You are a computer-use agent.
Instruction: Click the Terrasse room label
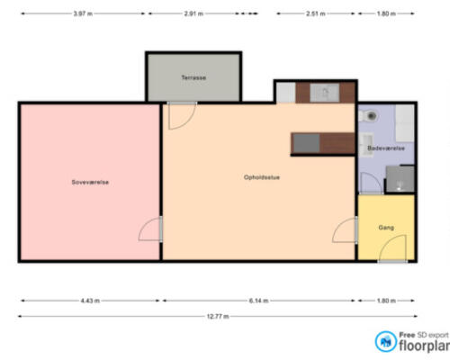point(193,77)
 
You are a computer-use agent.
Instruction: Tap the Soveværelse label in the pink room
point(90,182)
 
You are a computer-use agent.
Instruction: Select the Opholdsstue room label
point(262,177)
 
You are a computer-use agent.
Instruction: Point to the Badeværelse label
point(386,148)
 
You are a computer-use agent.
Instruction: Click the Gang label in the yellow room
point(386,228)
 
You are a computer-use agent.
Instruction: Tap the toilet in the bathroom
point(368,116)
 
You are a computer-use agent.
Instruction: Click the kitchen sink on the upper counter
point(325,93)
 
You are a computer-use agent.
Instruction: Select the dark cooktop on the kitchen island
point(306,143)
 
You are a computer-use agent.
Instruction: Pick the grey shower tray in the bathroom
point(400,179)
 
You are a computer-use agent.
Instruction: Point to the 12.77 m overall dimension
point(218,316)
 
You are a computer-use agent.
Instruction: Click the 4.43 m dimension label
point(90,301)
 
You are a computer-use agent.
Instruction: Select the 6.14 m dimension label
point(258,301)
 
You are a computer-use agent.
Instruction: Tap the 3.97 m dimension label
point(83,13)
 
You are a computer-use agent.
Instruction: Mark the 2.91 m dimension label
point(193,13)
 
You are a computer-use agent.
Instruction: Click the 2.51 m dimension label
point(316,13)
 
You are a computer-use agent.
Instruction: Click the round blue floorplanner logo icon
point(386,341)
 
